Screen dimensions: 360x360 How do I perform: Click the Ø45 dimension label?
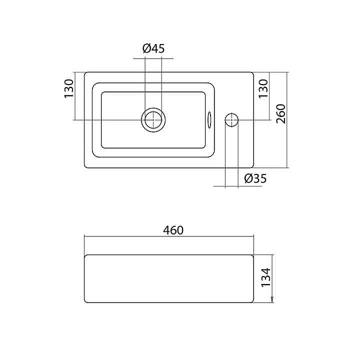click(153, 48)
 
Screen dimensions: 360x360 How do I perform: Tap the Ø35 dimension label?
click(255, 178)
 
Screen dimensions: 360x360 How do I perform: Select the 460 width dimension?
click(173, 230)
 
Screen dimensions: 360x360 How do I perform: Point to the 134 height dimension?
click(266, 277)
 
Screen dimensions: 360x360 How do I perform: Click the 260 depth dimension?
click(281, 114)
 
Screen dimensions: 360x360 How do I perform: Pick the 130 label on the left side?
click(69, 89)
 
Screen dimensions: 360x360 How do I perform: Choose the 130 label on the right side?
click(263, 89)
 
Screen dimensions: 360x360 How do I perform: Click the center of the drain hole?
click(153, 120)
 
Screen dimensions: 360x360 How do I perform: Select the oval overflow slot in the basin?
click(209, 120)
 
